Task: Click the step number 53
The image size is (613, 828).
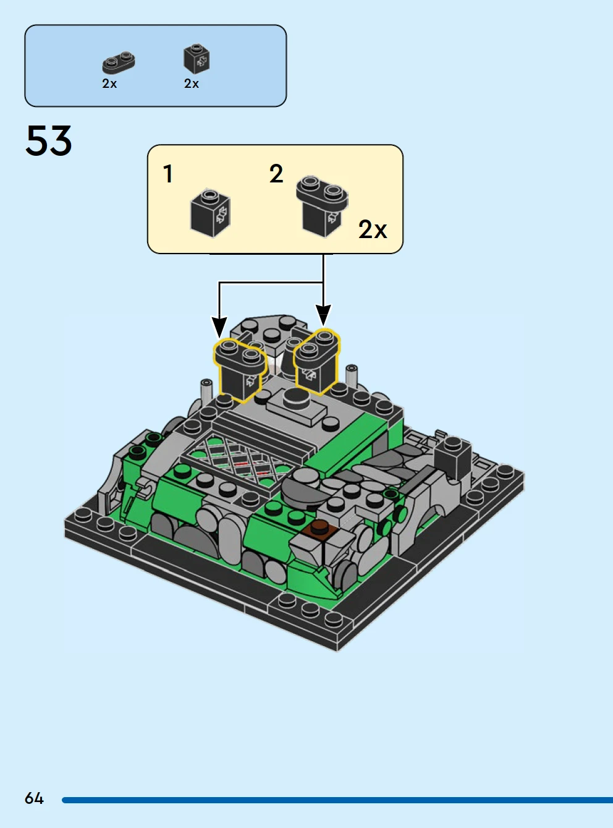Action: (x=48, y=140)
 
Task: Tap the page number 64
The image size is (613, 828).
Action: (x=34, y=798)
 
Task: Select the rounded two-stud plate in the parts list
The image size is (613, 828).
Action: (x=119, y=62)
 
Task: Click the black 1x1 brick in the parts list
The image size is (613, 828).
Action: (x=197, y=59)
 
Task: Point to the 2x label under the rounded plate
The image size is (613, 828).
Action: (x=109, y=83)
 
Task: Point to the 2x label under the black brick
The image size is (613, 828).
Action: (x=192, y=83)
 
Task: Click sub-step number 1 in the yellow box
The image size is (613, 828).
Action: (x=168, y=174)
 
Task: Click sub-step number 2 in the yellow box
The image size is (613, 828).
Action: (x=276, y=174)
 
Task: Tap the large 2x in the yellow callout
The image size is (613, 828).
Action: (x=373, y=229)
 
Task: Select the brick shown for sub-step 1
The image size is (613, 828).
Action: (x=211, y=213)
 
